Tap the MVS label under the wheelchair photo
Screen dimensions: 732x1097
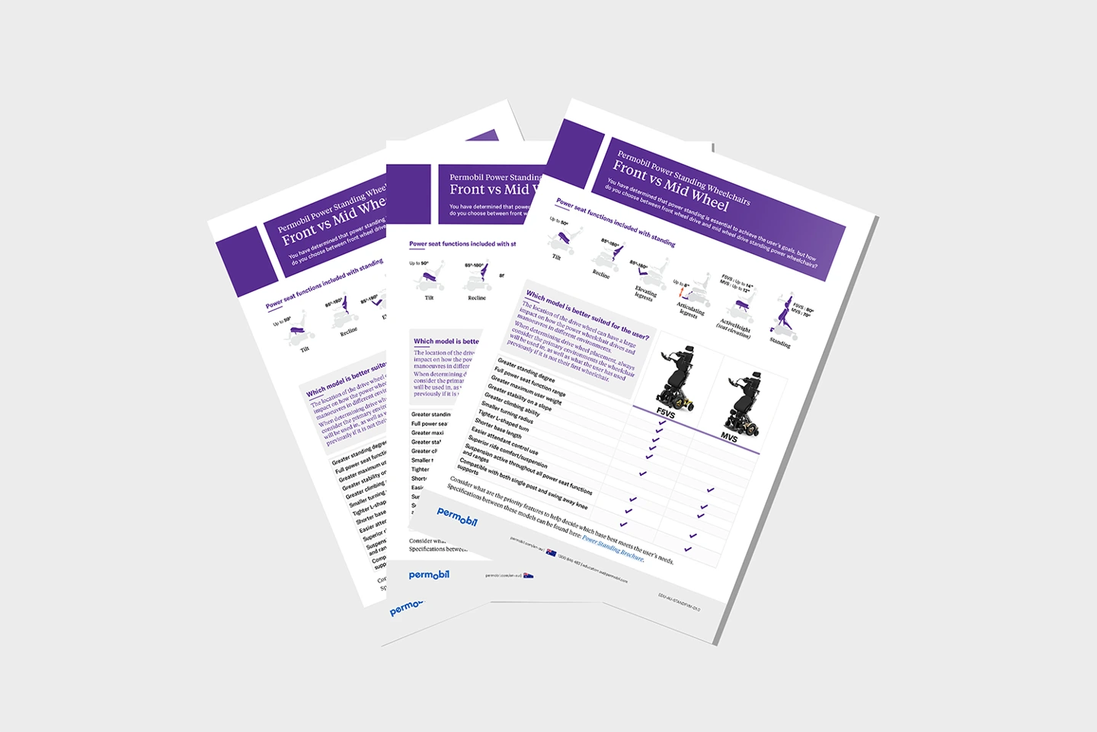coord(729,437)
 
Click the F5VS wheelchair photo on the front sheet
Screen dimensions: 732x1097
coord(676,376)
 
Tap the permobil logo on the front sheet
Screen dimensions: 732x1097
coord(457,516)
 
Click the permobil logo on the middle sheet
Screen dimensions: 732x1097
coord(429,575)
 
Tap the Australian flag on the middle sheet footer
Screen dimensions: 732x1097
coord(529,576)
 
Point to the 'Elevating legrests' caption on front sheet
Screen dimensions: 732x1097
coord(644,294)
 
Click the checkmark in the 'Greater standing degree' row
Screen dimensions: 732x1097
coord(660,422)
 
